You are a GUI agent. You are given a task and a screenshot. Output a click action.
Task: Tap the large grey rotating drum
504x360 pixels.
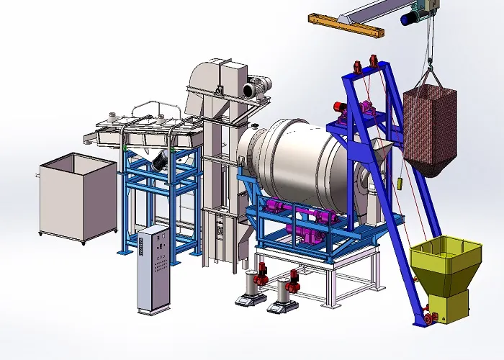click(302, 162)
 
